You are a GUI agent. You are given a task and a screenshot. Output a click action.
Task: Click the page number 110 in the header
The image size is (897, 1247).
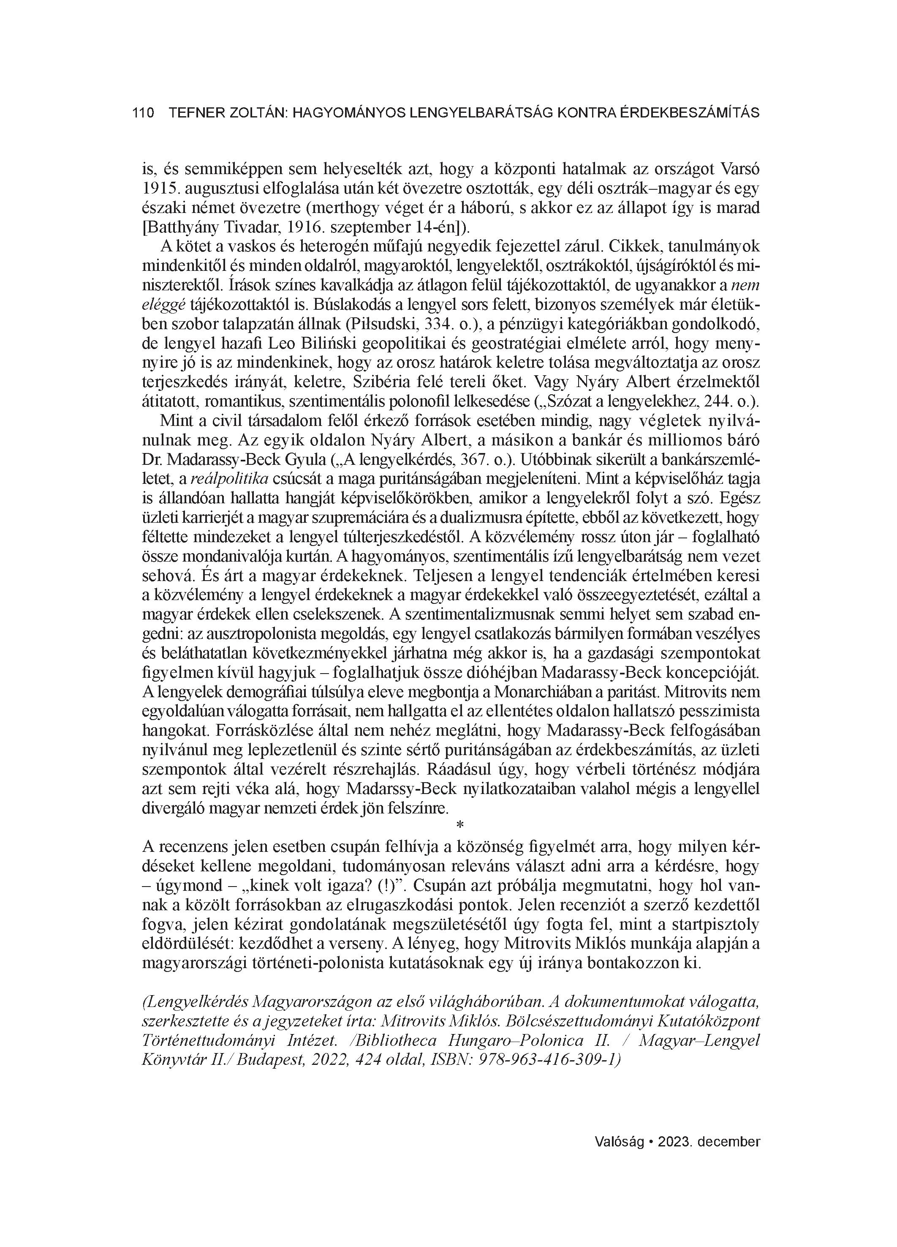143,113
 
